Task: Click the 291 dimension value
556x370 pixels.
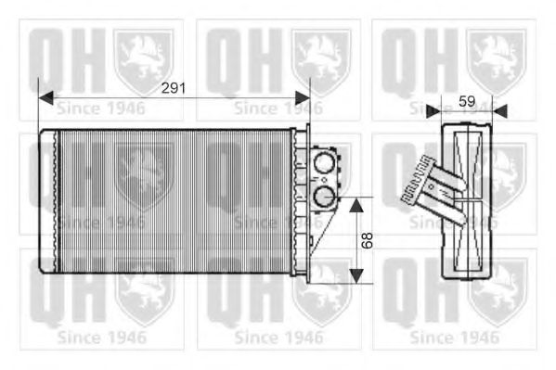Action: click(174, 88)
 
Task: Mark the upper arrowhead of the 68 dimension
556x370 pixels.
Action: click(355, 203)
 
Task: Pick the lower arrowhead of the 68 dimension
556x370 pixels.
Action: click(355, 277)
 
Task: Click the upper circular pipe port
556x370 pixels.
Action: click(324, 166)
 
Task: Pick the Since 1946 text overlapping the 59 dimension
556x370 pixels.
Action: click(455, 109)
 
